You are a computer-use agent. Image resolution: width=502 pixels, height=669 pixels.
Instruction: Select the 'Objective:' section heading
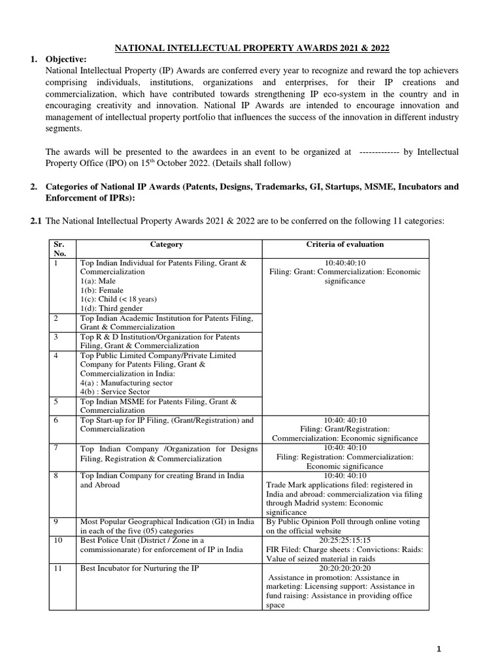[x=66, y=59]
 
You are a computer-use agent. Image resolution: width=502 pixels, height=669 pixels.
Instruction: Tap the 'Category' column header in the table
[x=167, y=244]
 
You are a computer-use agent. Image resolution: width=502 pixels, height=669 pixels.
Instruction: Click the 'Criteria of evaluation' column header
[x=345, y=244]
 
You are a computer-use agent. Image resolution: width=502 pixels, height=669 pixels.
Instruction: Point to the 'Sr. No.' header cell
[x=61, y=249]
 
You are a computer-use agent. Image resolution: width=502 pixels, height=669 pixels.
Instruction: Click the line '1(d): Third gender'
[x=112, y=308]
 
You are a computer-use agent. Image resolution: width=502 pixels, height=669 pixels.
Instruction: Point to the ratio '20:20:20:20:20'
[x=345, y=568]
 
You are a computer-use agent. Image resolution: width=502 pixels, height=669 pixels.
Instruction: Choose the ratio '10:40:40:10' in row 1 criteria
[x=345, y=263]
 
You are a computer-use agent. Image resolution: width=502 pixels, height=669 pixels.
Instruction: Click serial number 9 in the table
[x=57, y=522]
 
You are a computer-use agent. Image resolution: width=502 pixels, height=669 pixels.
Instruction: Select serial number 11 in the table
[x=59, y=568]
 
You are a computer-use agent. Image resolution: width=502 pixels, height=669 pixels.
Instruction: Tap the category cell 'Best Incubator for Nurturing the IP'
[x=139, y=568]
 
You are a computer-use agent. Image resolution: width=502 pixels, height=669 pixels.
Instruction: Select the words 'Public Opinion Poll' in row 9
[x=310, y=522]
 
